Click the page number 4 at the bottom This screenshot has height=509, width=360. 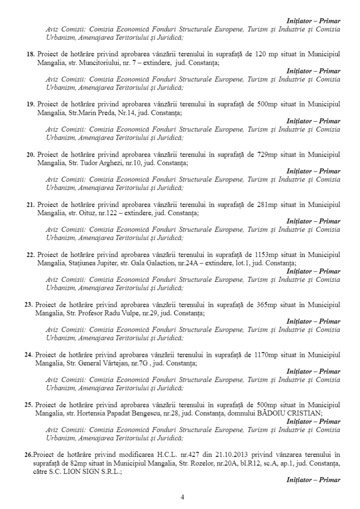tap(182, 498)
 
